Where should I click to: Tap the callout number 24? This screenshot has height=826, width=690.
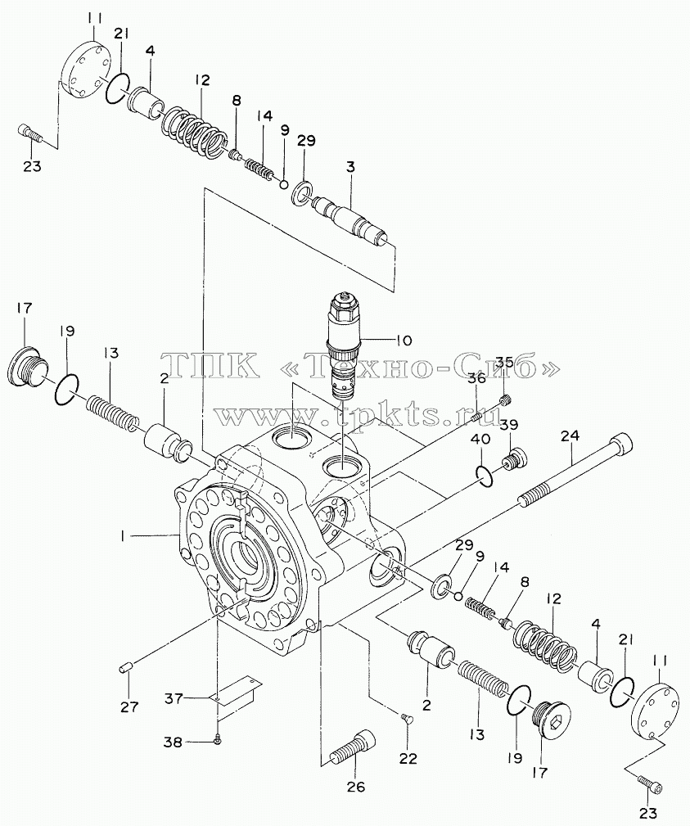click(x=570, y=436)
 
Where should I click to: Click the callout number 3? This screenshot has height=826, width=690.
click(x=350, y=167)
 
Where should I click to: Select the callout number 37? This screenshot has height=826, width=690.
click(x=174, y=698)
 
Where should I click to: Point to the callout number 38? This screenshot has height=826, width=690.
click(x=174, y=742)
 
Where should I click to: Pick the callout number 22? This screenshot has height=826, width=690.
click(x=408, y=759)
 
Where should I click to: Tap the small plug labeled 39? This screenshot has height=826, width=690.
click(x=513, y=456)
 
